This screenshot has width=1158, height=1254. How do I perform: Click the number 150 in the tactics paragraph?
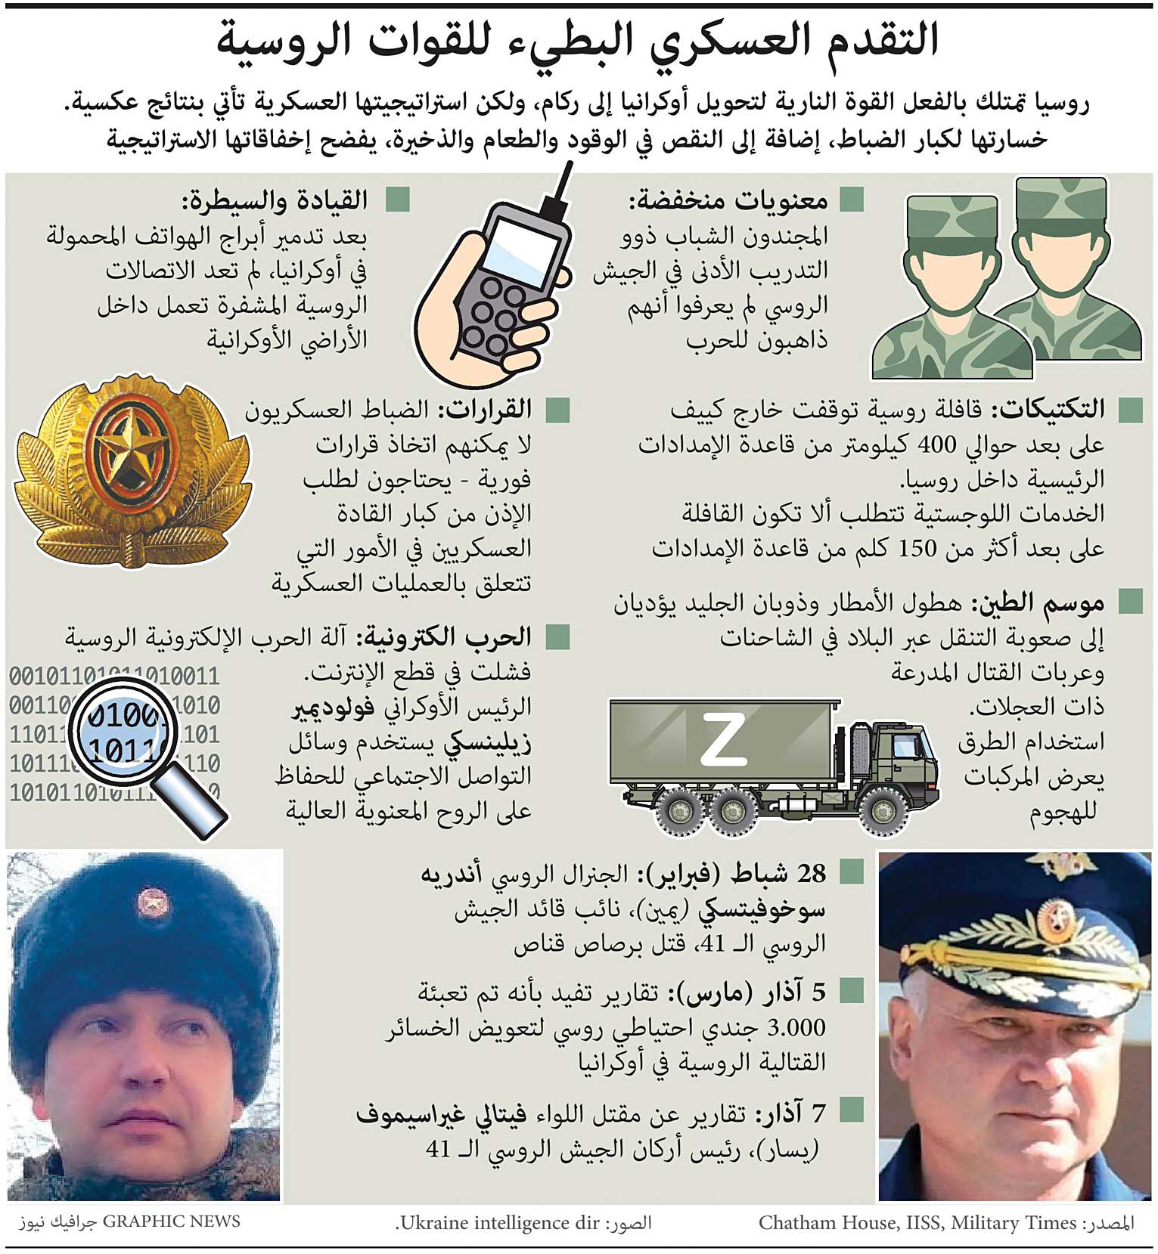tap(917, 548)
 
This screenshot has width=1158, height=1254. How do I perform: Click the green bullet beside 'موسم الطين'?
tap(1130, 602)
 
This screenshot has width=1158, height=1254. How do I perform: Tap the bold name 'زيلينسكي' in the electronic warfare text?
tap(488, 742)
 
